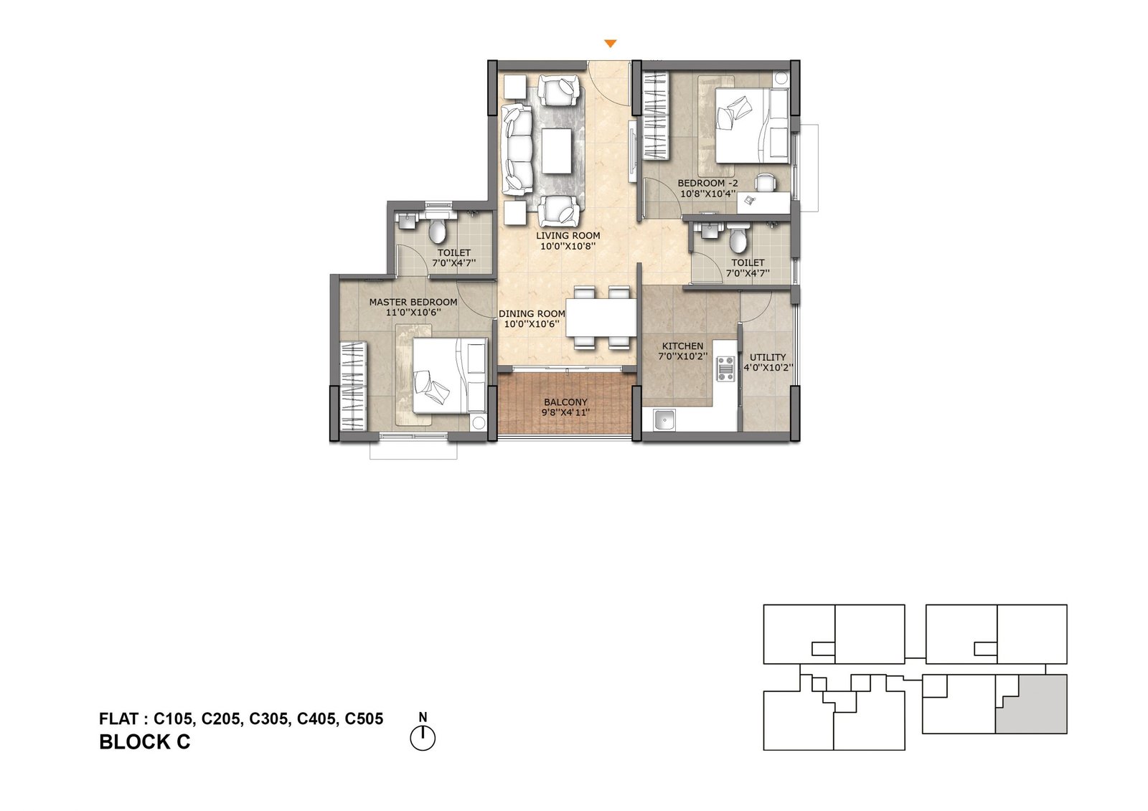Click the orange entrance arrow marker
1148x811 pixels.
[x=610, y=44]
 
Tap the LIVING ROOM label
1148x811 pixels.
[x=568, y=235]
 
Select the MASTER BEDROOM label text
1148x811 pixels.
[x=413, y=302]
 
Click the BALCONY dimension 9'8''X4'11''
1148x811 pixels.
[x=565, y=412]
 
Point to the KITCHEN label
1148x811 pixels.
[x=682, y=346]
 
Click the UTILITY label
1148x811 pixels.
[x=768, y=357]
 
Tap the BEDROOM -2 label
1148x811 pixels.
[x=707, y=183]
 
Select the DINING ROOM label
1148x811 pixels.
[x=532, y=313]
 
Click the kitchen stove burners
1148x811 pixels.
[x=726, y=368]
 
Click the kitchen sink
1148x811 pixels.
[x=664, y=420]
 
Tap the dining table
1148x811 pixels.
[x=601, y=318]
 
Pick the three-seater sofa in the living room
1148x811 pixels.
[x=517, y=149]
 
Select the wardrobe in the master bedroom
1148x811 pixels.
[x=353, y=387]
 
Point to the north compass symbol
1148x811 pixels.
[x=423, y=737]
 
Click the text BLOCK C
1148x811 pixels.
[x=144, y=742]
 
